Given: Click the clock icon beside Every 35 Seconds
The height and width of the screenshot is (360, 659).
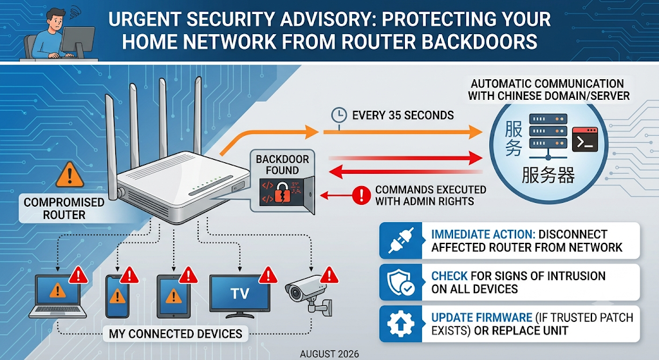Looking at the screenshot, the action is [x=339, y=115].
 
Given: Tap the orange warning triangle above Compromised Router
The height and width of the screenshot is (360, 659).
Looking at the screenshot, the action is [x=70, y=175].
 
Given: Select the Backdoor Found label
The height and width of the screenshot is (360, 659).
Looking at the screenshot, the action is [x=282, y=164].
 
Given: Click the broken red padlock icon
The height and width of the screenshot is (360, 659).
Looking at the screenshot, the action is [x=282, y=193].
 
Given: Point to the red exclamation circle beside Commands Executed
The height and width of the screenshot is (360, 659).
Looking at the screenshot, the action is [x=360, y=196].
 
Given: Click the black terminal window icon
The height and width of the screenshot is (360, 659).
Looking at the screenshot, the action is [x=584, y=140].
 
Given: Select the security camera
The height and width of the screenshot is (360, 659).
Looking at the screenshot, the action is [x=309, y=294].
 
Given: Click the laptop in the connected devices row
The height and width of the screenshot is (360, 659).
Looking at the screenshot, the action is [x=57, y=296].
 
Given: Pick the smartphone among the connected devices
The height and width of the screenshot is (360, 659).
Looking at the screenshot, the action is [x=117, y=296].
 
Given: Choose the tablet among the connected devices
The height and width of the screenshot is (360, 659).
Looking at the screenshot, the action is [x=173, y=296].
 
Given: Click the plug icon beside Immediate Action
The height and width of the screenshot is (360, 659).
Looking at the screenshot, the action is [x=400, y=241].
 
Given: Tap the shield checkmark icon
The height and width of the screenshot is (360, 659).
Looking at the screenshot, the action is [x=400, y=282].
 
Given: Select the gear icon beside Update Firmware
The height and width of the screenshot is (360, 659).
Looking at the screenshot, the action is [x=400, y=324].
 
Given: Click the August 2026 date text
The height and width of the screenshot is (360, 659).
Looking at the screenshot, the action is [x=329, y=354].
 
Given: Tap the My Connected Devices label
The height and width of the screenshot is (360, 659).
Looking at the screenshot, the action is [x=176, y=334].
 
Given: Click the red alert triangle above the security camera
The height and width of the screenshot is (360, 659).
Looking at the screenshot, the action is [x=329, y=275].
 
